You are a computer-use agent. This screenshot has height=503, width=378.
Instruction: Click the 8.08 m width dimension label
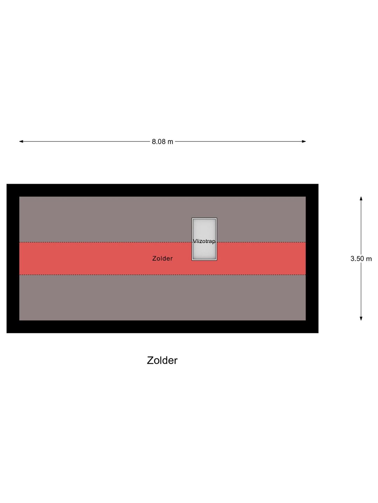point(162,141)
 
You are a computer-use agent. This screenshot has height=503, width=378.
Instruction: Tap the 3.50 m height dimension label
point(361,259)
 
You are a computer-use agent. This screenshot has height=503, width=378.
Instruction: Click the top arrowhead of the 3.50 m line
point(361,198)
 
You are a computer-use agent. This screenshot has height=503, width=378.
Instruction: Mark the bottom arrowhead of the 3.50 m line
point(361,319)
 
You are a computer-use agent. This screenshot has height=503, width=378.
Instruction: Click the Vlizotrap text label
point(204,241)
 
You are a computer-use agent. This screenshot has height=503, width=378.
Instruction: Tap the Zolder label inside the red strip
point(162,258)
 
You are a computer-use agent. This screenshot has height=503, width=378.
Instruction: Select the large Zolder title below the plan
point(162,360)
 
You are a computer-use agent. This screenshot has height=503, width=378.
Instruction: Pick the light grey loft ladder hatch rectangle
point(204,239)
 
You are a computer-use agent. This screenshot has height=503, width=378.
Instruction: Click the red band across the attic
point(162,258)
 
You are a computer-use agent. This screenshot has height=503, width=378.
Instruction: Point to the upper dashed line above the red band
point(162,242)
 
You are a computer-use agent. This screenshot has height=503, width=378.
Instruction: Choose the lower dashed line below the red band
point(162,275)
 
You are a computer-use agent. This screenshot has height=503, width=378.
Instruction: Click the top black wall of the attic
point(162,190)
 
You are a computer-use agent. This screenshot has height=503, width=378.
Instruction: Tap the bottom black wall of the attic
point(162,327)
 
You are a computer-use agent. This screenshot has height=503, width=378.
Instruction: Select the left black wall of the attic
point(13,258)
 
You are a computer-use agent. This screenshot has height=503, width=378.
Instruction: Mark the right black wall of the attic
point(312,258)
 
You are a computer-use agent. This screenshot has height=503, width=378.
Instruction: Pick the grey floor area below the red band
point(162,298)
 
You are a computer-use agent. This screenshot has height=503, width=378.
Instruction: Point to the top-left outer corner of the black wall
point(6,184)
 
